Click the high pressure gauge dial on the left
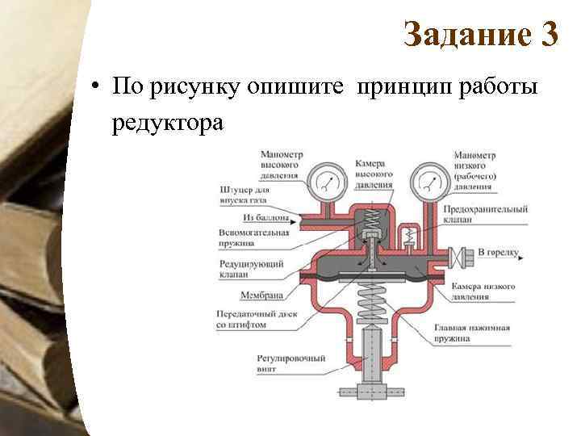click(x=324, y=182)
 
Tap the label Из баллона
click(x=263, y=218)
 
